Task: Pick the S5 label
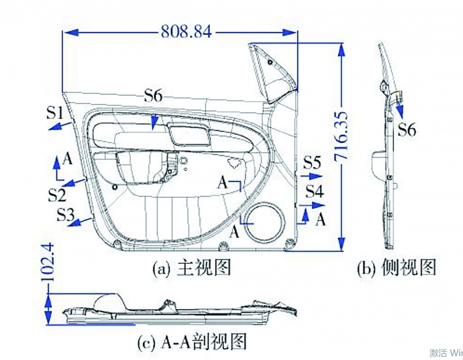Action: (x=312, y=163)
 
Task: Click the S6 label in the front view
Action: (x=153, y=96)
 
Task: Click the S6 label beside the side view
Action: (x=406, y=130)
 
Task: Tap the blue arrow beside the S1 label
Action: (x=60, y=126)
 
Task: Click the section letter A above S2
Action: (x=68, y=159)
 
